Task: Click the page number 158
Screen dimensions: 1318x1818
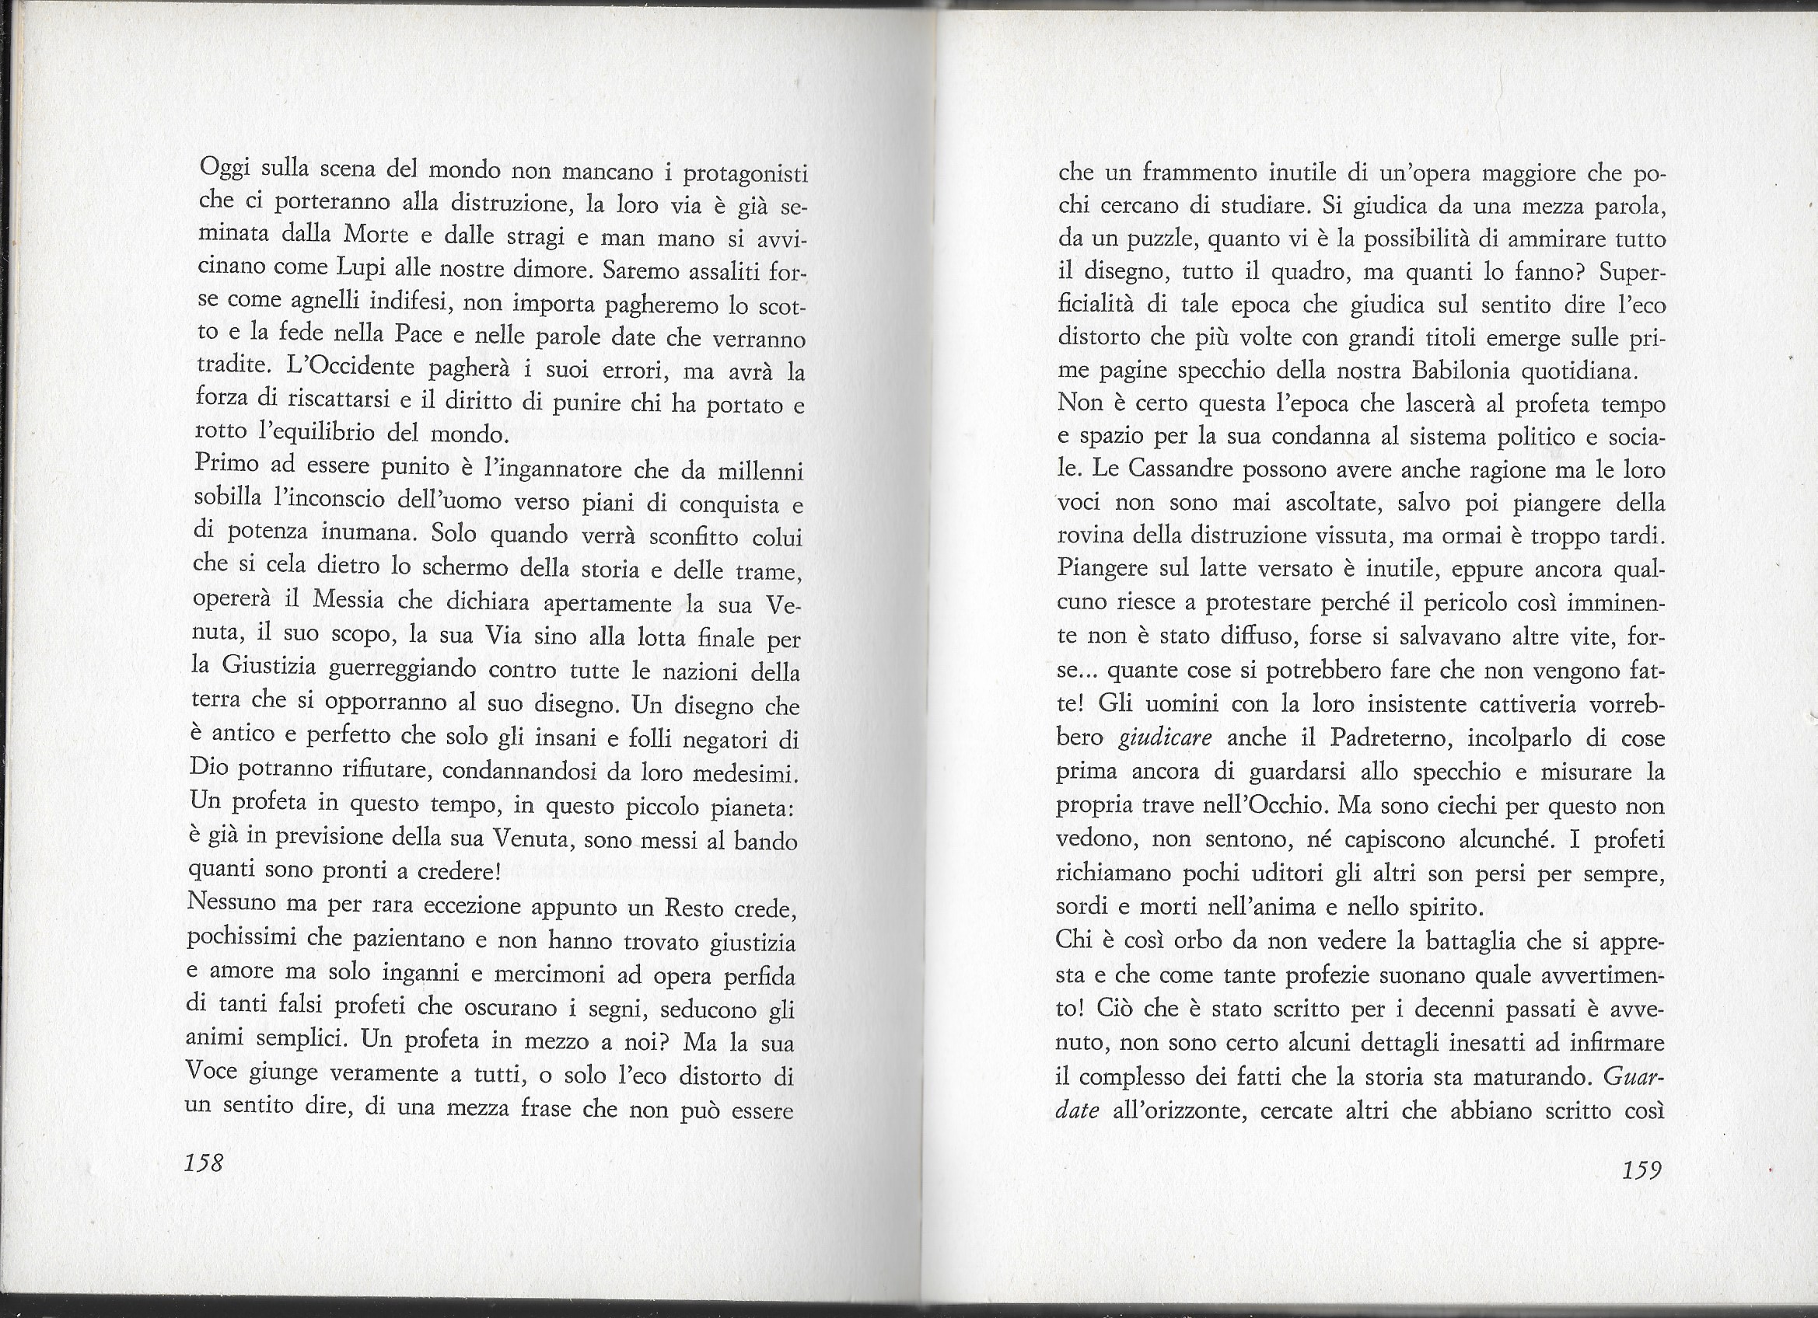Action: pos(204,1162)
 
